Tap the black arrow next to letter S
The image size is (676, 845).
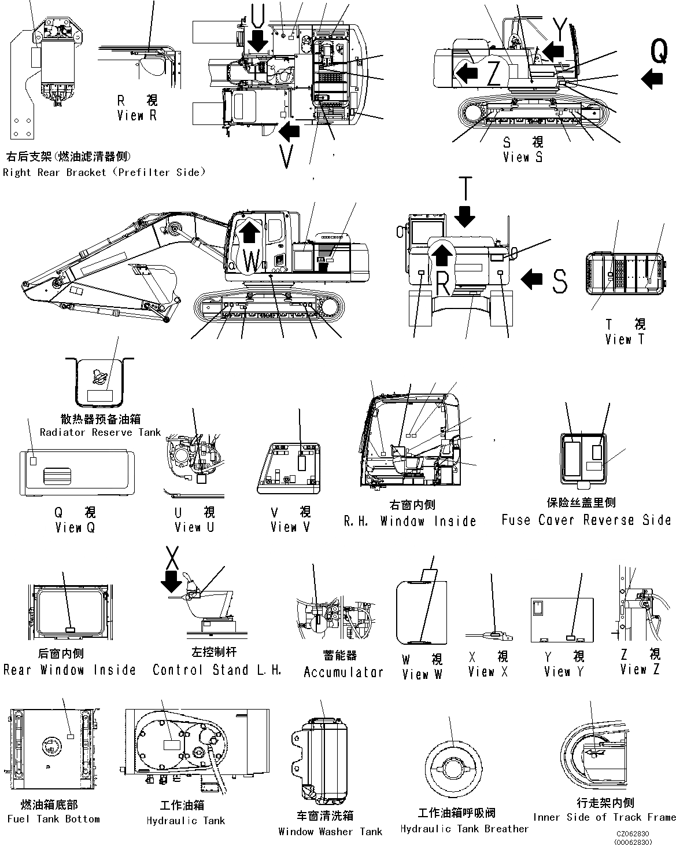[x=532, y=280]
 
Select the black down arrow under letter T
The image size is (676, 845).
[x=464, y=218]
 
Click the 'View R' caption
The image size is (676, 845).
[x=136, y=115]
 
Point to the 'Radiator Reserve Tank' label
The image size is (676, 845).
[x=100, y=432]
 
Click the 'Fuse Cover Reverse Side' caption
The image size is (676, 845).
[x=586, y=520]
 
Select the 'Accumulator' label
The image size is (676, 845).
[x=343, y=672]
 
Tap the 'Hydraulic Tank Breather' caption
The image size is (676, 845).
[x=464, y=829]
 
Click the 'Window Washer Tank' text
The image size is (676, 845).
[x=330, y=832]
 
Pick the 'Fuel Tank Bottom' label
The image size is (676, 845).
[x=53, y=819]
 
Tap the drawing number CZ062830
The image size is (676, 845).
[x=633, y=834]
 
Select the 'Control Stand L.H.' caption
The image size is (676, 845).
[x=217, y=670]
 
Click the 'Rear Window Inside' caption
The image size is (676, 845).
[x=69, y=670]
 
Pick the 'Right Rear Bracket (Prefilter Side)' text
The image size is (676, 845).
[x=104, y=172]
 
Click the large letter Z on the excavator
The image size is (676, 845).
[x=493, y=73]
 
